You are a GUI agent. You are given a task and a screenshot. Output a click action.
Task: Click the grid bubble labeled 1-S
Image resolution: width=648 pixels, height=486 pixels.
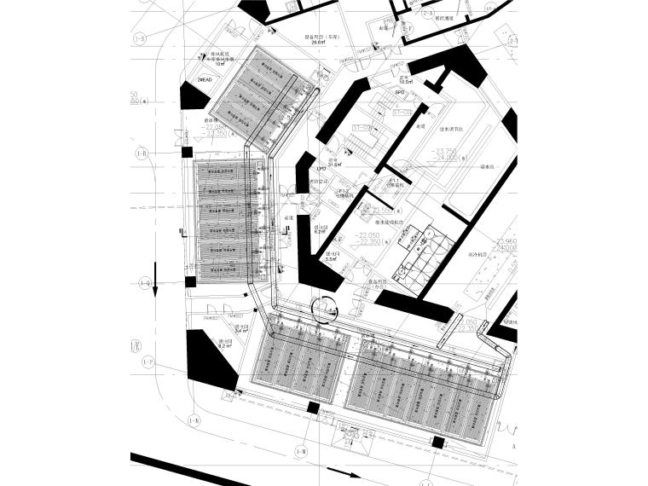click(140, 38)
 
